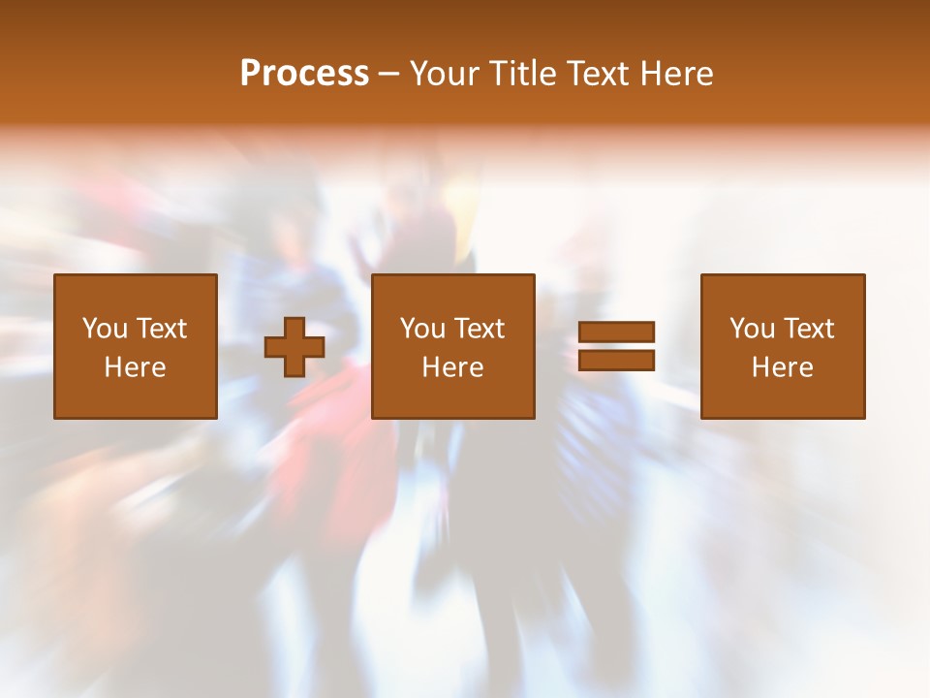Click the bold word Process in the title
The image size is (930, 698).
click(304, 73)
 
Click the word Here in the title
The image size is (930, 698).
click(677, 74)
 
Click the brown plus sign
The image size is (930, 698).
click(294, 347)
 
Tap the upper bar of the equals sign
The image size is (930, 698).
click(616, 333)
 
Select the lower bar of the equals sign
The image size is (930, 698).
click(616, 361)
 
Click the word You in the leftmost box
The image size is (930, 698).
click(104, 329)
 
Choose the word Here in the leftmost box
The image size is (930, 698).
click(135, 367)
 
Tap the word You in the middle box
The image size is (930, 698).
click(421, 329)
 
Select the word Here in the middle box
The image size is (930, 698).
click(452, 367)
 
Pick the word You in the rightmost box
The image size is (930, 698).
click(751, 329)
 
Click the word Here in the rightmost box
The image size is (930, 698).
click(782, 367)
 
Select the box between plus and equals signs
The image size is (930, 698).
click(452, 397)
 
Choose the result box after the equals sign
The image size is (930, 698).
click(782, 397)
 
